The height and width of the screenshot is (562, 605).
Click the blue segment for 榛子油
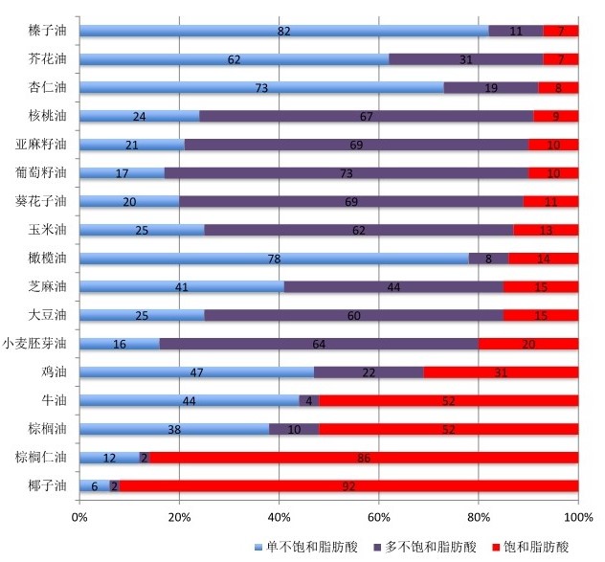(283, 31)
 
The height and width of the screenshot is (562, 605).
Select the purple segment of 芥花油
(466, 59)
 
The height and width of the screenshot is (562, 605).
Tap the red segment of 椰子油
(349, 485)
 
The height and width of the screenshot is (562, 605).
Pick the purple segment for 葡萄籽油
(347, 173)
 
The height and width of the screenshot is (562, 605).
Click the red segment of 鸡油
(501, 371)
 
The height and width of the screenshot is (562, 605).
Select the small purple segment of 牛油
(309, 400)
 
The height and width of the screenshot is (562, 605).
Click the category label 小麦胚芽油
(35, 344)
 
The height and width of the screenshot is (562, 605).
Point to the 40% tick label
(279, 517)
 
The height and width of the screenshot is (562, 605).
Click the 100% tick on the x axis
(577, 517)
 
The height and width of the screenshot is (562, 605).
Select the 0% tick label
(79, 517)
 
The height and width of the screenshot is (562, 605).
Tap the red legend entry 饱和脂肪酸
(533, 547)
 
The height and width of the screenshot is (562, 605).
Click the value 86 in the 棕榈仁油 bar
(364, 458)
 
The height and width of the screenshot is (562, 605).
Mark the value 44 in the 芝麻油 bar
(393, 287)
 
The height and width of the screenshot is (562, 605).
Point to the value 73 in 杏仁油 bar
(261, 88)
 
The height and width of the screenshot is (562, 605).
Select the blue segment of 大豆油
(142, 315)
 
